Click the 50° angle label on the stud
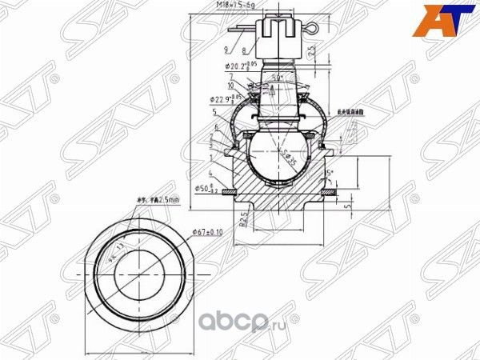coord(276,78)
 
